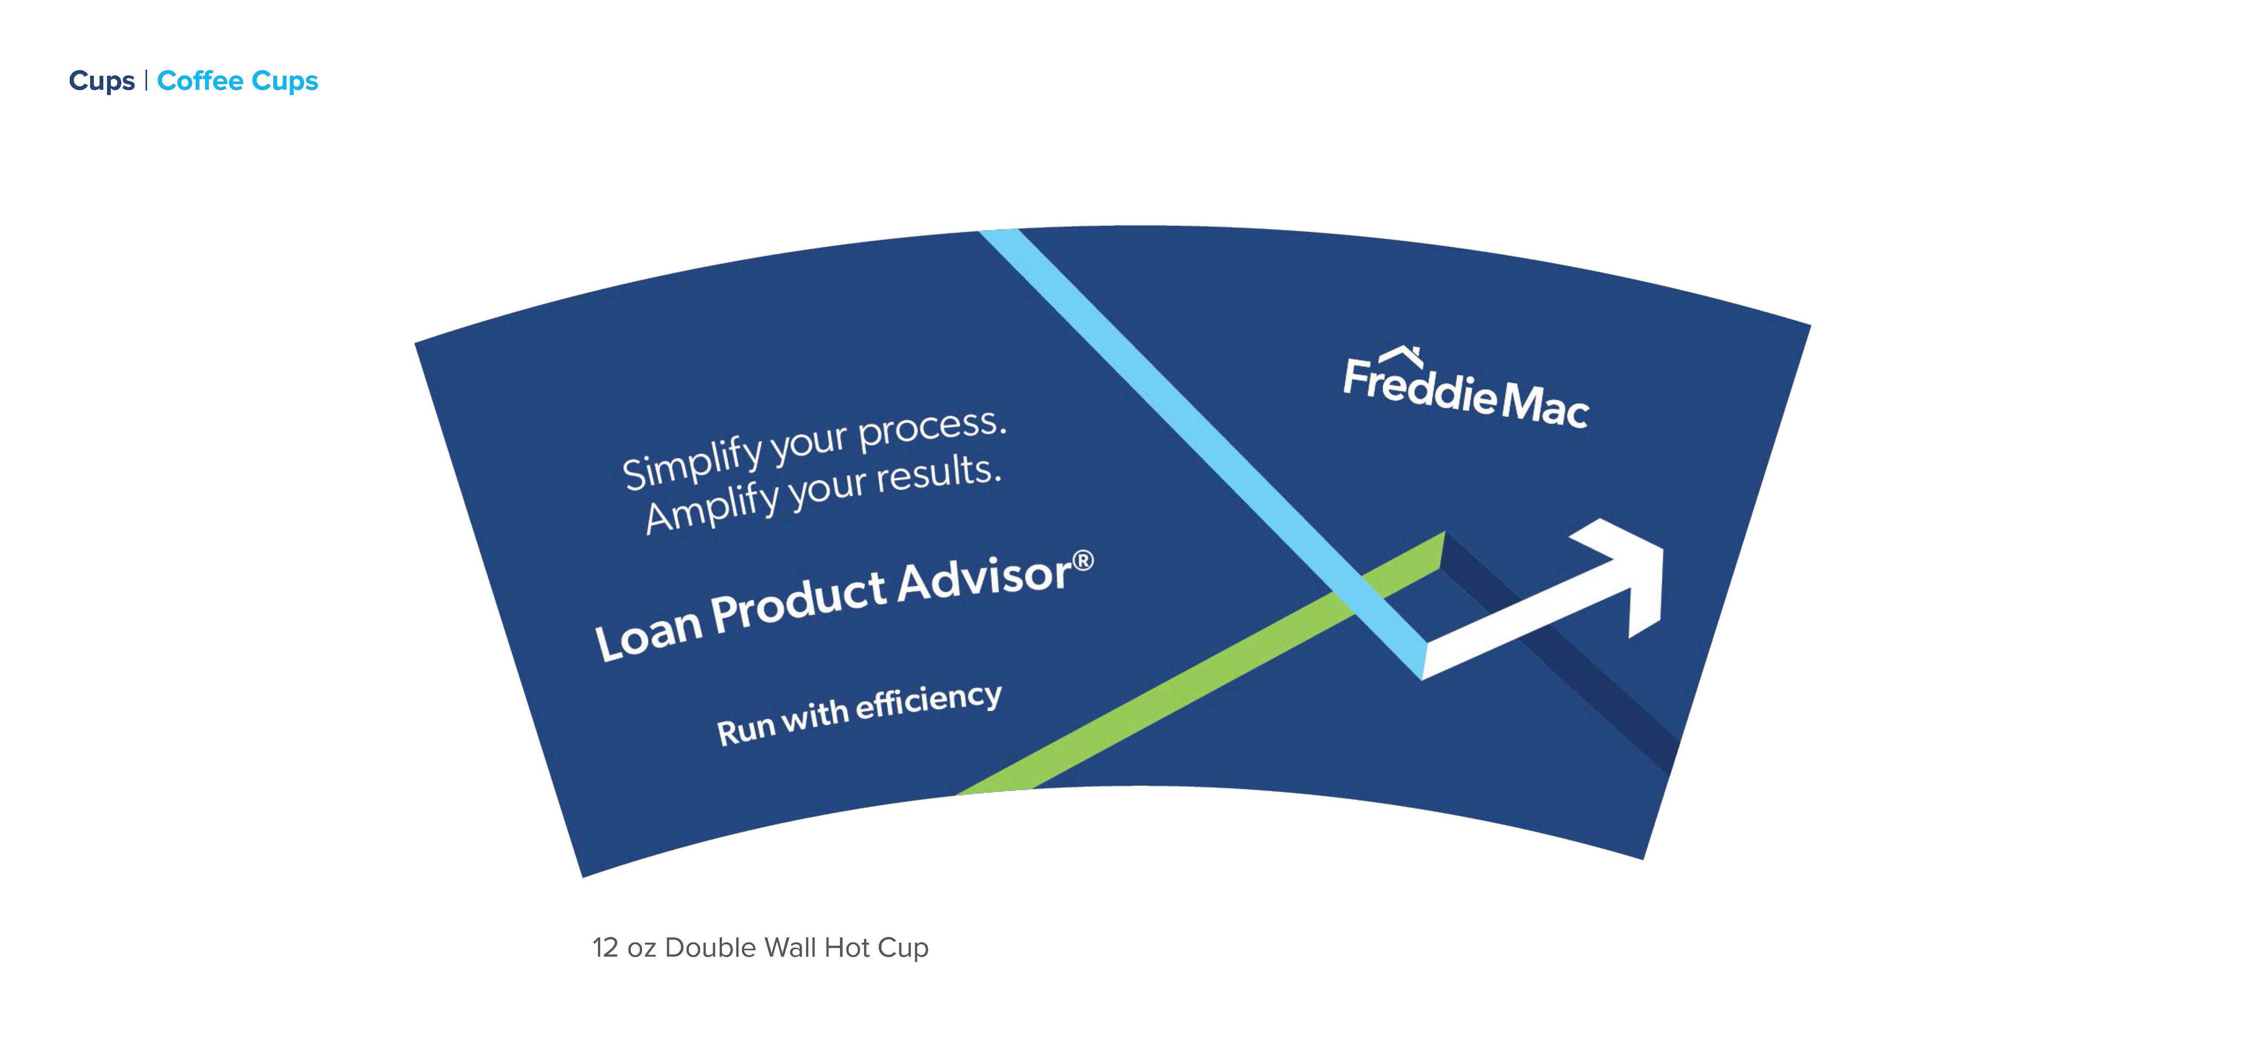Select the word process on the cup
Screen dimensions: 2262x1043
(931, 428)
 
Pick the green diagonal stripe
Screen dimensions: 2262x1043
(1201, 663)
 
